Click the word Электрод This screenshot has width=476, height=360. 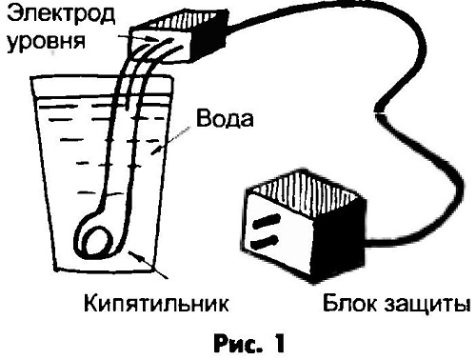[61, 14]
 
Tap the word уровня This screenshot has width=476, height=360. [46, 41]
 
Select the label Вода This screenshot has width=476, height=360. [225, 119]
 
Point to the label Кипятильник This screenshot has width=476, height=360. [156, 303]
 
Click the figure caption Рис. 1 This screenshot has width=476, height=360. [249, 344]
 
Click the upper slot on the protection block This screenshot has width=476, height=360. [266, 221]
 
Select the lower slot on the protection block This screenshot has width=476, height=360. [265, 242]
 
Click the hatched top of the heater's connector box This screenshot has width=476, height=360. [178, 20]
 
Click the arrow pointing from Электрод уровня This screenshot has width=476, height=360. [138, 38]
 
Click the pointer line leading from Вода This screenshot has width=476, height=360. [170, 141]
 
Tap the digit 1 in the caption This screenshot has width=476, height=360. [278, 344]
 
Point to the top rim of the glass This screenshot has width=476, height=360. [102, 76]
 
